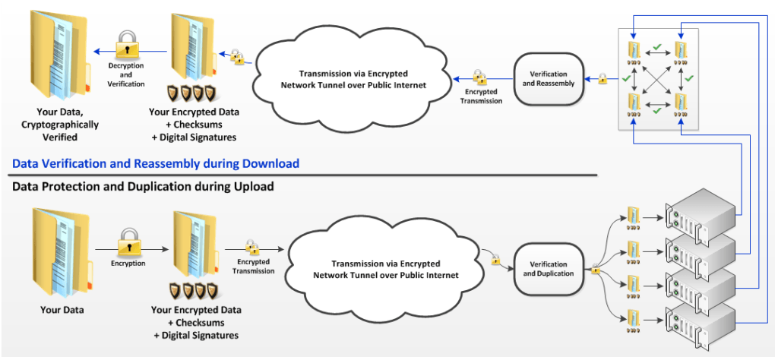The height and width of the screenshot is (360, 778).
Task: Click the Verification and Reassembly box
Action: tap(548, 78)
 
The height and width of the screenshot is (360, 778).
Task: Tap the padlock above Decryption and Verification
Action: tap(126, 47)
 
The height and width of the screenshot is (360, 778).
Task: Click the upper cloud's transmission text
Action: tap(353, 79)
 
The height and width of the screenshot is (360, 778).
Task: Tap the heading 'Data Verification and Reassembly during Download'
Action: tap(155, 163)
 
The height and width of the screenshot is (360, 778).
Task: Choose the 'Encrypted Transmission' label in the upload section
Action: tap(253, 266)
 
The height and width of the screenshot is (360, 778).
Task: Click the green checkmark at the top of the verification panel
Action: tap(656, 49)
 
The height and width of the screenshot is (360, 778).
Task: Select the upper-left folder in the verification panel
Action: tap(632, 52)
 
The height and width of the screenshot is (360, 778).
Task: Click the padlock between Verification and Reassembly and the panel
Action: tap(602, 78)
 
